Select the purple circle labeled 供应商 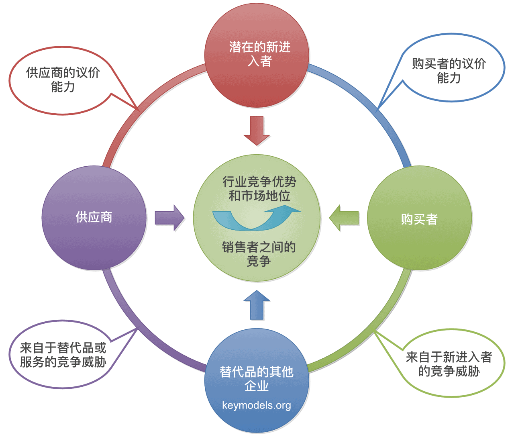point(94,218)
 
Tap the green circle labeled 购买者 point(420,218)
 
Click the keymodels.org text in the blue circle point(257,405)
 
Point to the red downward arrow point(257,131)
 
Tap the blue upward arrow point(257,306)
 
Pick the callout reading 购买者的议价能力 point(449,70)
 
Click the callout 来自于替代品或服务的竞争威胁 point(63,355)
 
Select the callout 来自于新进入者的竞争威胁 point(449,364)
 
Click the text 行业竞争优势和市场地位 point(259,189)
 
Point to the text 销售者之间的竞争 point(259,254)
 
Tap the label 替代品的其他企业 point(257,378)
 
